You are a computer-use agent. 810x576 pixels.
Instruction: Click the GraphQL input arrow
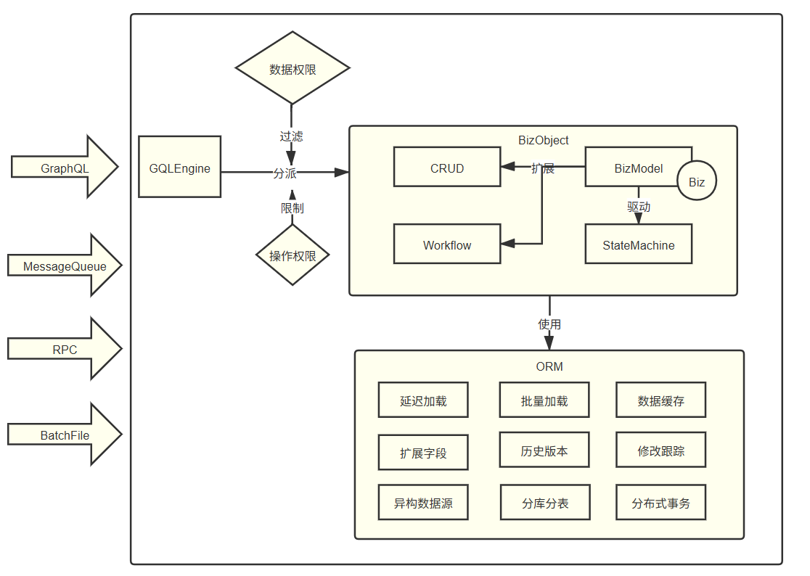[65, 167]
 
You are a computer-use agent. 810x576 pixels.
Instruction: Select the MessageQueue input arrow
[65, 266]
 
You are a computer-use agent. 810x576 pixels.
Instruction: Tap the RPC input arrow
[65, 349]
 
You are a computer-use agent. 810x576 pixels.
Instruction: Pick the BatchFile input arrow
[65, 435]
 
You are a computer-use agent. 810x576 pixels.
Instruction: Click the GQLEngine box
[180, 168]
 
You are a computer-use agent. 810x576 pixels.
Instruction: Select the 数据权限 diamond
[292, 69]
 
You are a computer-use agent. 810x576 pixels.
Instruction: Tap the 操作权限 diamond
[292, 255]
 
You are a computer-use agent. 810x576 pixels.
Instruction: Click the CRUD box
[447, 168]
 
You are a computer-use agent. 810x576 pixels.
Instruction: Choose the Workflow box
[447, 244]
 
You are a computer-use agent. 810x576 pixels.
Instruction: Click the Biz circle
[697, 181]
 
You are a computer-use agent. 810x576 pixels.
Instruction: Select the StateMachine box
[639, 244]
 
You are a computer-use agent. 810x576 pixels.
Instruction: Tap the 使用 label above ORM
[549, 324]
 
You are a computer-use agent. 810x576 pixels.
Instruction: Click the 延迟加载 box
[423, 400]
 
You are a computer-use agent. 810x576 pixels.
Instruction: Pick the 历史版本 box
[544, 450]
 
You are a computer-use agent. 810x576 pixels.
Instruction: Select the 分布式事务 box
[661, 503]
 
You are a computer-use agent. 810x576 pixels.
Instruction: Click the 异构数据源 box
[423, 503]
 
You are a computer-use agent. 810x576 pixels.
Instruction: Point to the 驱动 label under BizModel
[639, 207]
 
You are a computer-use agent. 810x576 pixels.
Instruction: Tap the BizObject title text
[544, 140]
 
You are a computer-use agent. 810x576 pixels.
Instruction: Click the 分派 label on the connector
[285, 173]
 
